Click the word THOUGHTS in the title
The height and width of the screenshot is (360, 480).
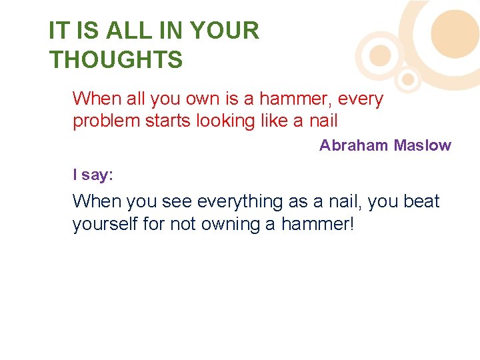click(115, 60)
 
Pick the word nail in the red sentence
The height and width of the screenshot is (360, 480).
click(324, 121)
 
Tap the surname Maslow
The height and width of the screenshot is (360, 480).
click(422, 145)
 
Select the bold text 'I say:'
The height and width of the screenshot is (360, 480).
click(93, 175)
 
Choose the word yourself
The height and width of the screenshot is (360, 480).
click(105, 225)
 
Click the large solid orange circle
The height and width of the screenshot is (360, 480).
click(455, 32)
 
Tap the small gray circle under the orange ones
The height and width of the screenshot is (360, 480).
click(409, 81)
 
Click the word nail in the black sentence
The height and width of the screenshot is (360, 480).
click(342, 201)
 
